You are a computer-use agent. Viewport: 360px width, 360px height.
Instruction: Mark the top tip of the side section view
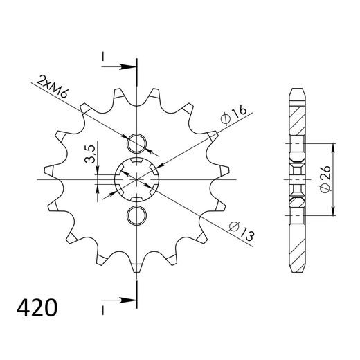coord(296,90)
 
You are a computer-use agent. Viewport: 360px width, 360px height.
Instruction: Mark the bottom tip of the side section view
coord(296,269)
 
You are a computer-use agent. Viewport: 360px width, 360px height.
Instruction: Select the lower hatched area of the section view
coord(296,239)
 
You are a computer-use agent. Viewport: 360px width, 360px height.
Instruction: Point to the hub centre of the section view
coord(296,179)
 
